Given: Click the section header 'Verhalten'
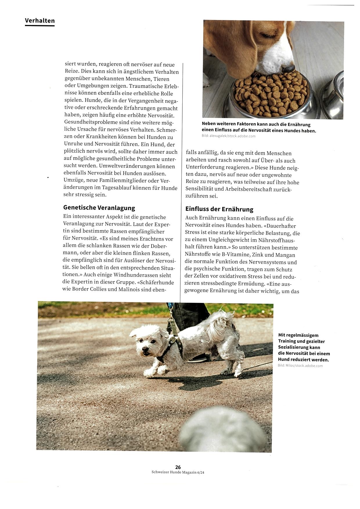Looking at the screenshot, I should [x=40, y=21].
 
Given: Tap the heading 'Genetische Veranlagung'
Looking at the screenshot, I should [x=99, y=208].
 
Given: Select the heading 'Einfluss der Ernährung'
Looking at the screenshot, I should [x=219, y=209].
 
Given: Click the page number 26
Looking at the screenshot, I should [x=178, y=467].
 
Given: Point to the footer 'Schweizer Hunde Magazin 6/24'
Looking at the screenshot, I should [x=180, y=472].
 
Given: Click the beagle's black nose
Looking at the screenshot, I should [x=288, y=68].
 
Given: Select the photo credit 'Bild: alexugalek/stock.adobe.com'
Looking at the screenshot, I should [x=228, y=136].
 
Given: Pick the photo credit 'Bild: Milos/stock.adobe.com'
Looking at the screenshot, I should [x=300, y=366].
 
